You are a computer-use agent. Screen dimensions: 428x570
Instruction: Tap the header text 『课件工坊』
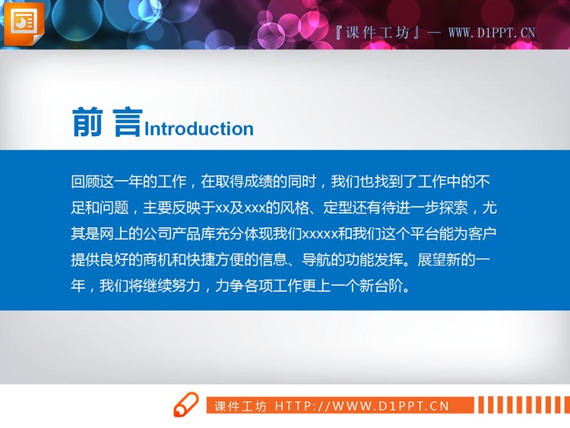(x=378, y=33)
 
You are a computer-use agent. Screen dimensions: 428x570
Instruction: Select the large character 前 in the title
(x=89, y=123)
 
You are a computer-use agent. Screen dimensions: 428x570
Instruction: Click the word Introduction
(x=199, y=128)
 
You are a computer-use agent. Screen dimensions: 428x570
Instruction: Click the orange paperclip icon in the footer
(x=186, y=405)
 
